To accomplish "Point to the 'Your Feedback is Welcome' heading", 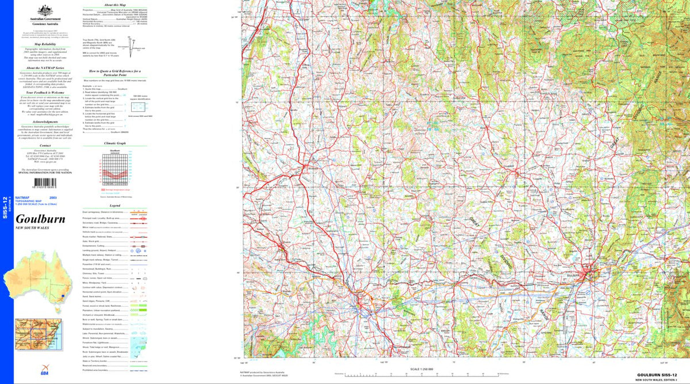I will point(44,92).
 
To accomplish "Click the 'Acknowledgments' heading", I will point(44,122).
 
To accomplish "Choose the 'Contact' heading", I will point(44,146).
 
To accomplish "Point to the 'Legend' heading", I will point(114,206).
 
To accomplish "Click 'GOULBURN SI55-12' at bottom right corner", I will point(660,375).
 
